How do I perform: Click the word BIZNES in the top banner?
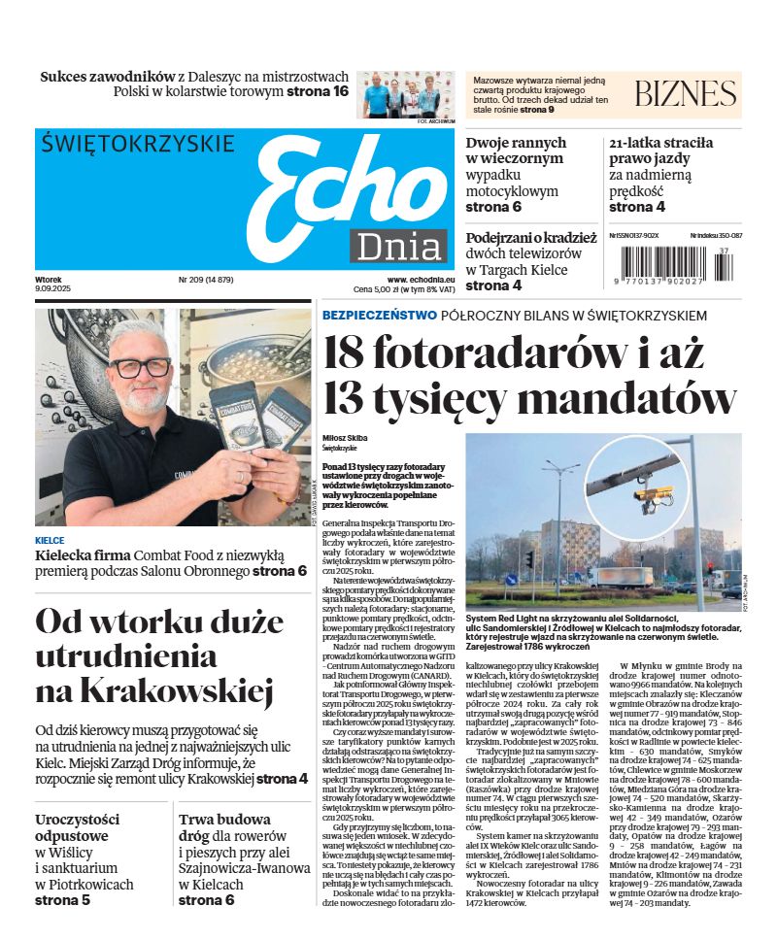[x=686, y=93]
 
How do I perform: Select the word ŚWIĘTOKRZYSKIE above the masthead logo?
[x=139, y=145]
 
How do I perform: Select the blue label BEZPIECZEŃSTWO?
[x=379, y=316]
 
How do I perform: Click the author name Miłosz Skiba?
[x=346, y=438]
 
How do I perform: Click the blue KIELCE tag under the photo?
[x=50, y=540]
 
